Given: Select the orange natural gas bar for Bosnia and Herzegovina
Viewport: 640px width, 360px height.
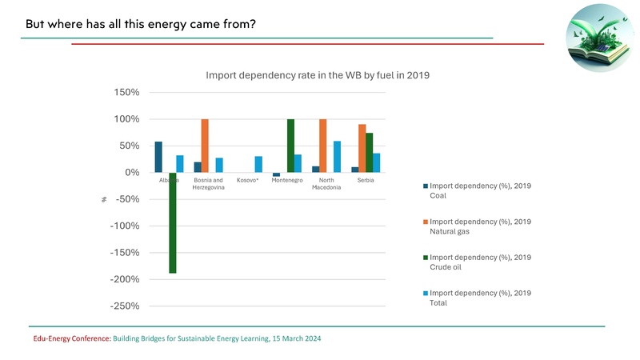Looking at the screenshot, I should point(205,146).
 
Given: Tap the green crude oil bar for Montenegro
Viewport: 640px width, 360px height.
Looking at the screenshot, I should point(290,146).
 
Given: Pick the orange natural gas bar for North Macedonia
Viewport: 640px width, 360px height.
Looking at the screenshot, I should point(322,146).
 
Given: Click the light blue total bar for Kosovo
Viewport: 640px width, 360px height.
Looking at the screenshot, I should point(258,164).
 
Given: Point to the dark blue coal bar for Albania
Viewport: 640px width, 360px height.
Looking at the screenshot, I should point(158,157).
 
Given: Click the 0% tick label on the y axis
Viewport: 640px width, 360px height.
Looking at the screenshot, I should point(132,173).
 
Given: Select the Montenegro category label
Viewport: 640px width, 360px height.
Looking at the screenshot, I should point(286,180).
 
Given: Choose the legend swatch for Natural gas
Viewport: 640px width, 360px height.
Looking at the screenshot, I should point(423,222).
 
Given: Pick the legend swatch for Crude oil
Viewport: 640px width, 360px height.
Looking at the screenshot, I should point(423,258).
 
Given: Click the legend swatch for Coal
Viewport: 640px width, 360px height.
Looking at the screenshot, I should point(423,186).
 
